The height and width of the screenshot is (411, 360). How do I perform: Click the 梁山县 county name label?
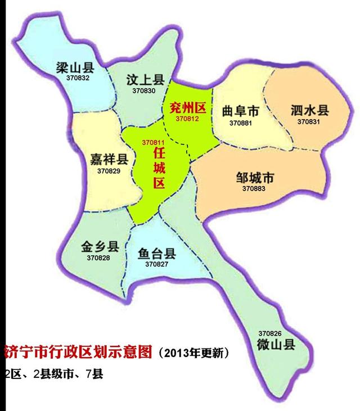pyautogui.click(x=75, y=68)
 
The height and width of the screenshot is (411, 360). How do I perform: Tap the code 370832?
pyautogui.click(x=78, y=78)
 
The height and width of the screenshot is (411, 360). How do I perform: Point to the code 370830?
pyautogui.click(x=144, y=91)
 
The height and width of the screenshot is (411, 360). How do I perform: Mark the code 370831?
pyautogui.click(x=309, y=121)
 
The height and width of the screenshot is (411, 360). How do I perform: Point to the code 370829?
pyautogui.click(x=109, y=170)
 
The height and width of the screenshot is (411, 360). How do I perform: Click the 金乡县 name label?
pyautogui.click(x=100, y=247)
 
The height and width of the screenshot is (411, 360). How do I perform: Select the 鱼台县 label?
pyautogui.click(x=157, y=253)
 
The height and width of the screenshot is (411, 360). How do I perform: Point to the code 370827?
pyautogui.click(x=157, y=264)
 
